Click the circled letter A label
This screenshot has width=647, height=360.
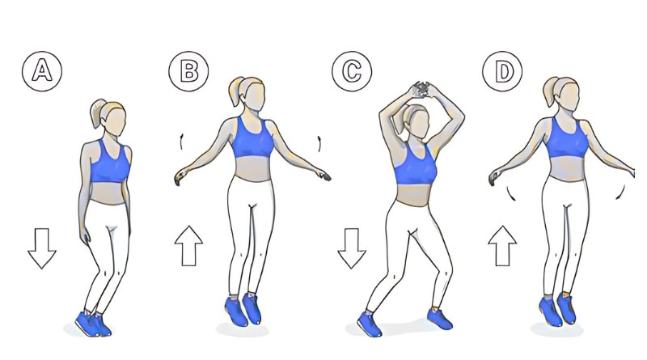(x=42, y=71)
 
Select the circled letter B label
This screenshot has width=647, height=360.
(x=188, y=71)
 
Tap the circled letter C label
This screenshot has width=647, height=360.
(x=352, y=71)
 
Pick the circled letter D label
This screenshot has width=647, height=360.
(x=502, y=71)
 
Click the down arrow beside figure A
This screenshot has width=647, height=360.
(x=42, y=248)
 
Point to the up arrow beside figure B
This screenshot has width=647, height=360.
(x=188, y=246)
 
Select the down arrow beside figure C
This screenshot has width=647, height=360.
(x=352, y=248)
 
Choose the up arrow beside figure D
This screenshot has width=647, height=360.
(x=502, y=246)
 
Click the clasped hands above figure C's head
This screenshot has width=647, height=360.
(x=421, y=90)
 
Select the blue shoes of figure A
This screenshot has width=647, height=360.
(x=93, y=324)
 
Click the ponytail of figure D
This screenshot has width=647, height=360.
(x=551, y=91)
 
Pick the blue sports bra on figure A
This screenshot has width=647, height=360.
(x=110, y=163)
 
